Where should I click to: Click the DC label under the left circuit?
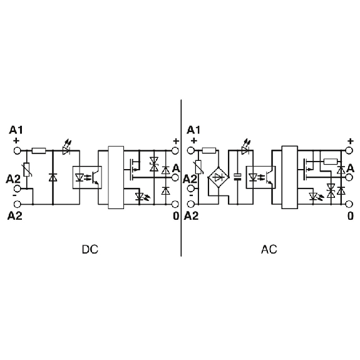(x=90, y=249)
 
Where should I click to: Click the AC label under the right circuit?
(x=269, y=249)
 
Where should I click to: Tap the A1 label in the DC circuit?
(x=16, y=130)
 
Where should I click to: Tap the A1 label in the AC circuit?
(x=193, y=130)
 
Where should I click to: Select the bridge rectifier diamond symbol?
(x=219, y=177)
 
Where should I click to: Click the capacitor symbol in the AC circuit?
(x=237, y=177)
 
